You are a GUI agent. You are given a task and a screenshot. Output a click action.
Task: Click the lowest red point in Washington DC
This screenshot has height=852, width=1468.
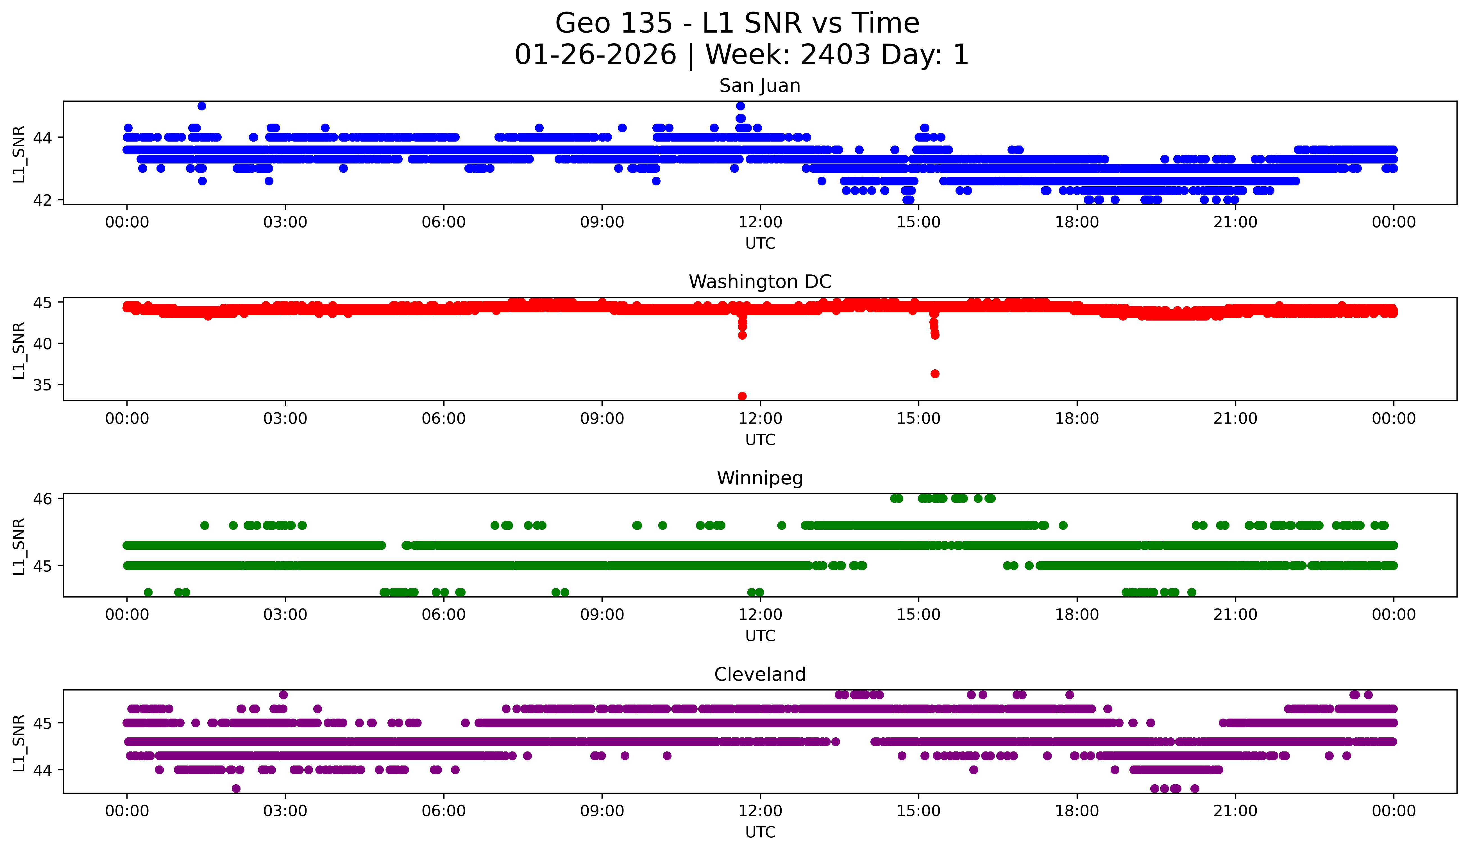pyautogui.click(x=742, y=396)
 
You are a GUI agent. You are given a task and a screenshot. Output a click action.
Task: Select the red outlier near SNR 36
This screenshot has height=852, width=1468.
pyautogui.click(x=935, y=374)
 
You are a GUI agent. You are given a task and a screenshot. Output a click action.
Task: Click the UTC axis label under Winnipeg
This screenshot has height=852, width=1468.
pyautogui.click(x=760, y=636)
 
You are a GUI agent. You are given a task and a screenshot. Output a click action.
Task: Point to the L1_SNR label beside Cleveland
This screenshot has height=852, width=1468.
pyautogui.click(x=19, y=743)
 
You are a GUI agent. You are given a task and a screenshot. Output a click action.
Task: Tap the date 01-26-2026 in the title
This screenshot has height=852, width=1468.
pyautogui.click(x=595, y=55)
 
